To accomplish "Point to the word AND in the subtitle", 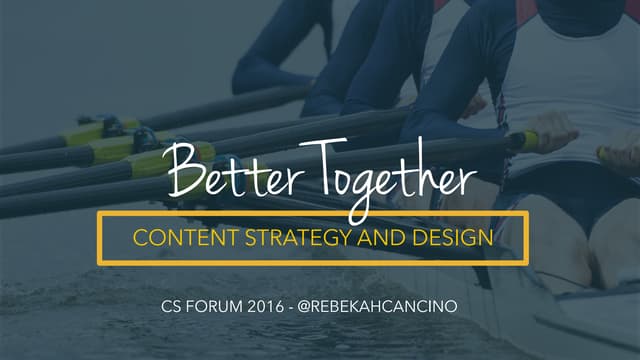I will (369, 238).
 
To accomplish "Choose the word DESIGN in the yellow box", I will (445, 238).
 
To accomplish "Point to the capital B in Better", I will (185, 172).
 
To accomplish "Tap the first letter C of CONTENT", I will (141, 238).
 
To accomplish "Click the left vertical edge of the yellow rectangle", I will (99, 238).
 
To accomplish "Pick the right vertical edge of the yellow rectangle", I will (526, 238).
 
